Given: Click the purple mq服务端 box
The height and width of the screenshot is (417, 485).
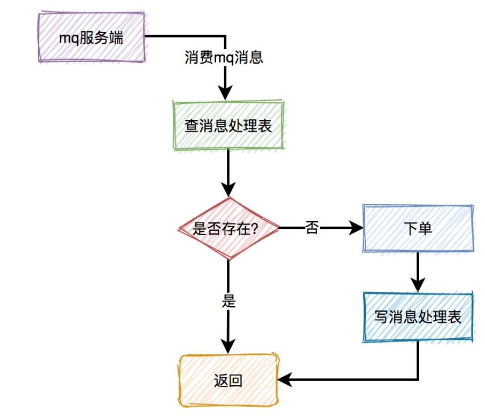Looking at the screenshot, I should click(x=91, y=37).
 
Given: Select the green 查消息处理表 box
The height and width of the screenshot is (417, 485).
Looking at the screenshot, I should click(x=228, y=126).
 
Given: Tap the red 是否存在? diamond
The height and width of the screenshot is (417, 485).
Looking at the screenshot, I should click(x=228, y=228).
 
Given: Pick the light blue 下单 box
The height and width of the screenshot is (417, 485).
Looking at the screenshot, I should click(x=417, y=228).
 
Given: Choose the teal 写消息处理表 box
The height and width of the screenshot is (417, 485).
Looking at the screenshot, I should click(x=417, y=317).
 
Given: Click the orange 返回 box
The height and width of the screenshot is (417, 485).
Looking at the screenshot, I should click(x=228, y=380).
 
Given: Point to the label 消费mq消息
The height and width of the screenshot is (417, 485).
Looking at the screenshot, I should click(x=224, y=57).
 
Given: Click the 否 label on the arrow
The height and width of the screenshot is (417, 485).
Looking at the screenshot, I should click(x=312, y=228).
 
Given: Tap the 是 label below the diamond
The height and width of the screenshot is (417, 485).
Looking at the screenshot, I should click(x=228, y=301).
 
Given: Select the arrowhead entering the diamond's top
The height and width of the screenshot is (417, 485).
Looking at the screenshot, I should click(x=228, y=190).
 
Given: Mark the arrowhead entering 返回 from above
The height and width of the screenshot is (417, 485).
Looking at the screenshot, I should click(x=228, y=347).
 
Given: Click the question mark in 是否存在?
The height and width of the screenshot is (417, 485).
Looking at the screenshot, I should click(x=255, y=229).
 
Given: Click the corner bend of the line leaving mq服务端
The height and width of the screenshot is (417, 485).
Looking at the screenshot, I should click(x=226, y=37).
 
